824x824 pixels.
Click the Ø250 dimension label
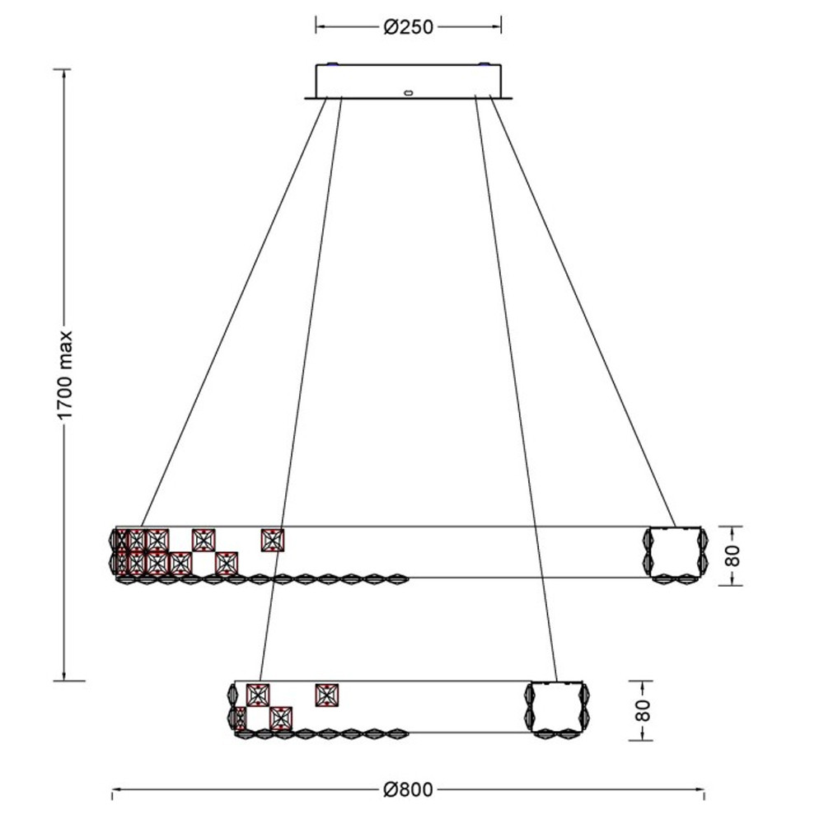tap(409, 26)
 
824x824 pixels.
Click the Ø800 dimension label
tap(409, 789)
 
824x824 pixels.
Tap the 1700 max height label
tap(66, 375)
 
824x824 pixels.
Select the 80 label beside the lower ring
tap(642, 710)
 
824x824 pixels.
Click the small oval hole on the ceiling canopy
tap(409, 93)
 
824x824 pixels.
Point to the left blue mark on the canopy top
tap(332, 65)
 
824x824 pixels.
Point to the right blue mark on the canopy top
tap(484, 65)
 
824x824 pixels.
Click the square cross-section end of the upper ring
tap(676, 554)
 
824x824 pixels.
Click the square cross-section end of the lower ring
tap(556, 707)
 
